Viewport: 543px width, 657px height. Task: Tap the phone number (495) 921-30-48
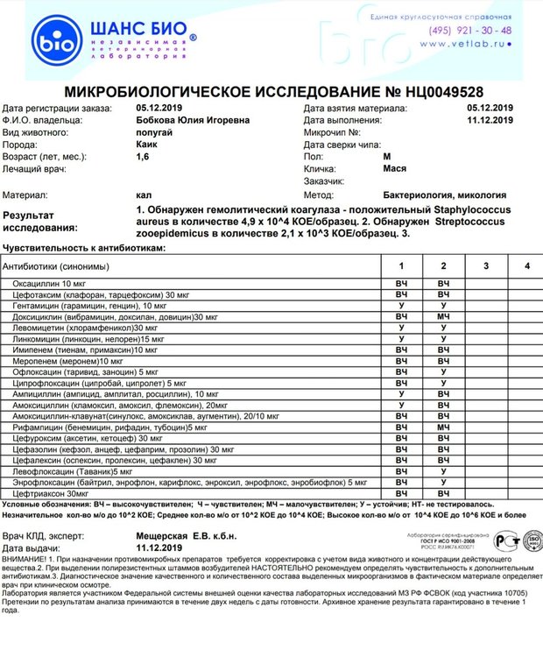(470, 30)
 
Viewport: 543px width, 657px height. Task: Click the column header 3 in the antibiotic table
(486, 265)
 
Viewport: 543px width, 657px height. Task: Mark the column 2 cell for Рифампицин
(445, 427)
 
